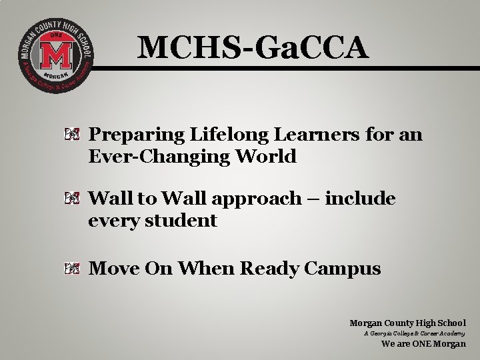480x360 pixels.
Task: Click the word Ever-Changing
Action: [x=137, y=157]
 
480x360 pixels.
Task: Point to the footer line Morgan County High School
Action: [x=407, y=323]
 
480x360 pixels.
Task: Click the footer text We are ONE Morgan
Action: [x=423, y=344]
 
